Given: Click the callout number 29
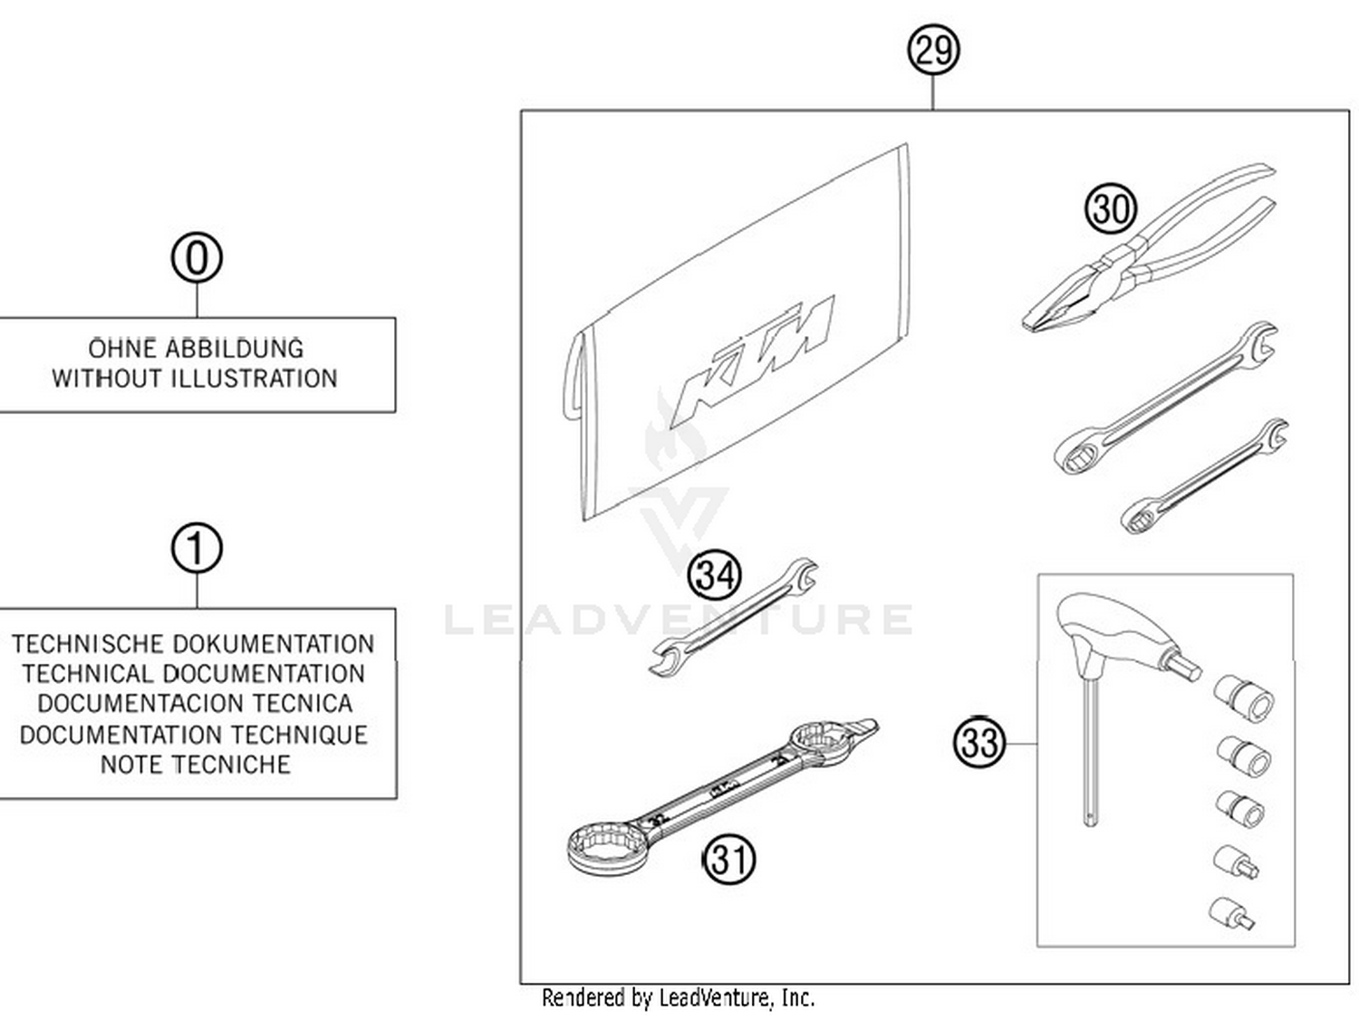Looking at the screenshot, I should (933, 49).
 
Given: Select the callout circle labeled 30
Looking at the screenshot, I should (1111, 209).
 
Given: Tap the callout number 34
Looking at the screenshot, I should (715, 575).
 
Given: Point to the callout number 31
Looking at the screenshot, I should (729, 859).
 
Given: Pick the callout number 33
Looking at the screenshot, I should (979, 743).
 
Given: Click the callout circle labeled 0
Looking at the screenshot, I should (197, 257).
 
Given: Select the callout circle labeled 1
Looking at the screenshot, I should (197, 549).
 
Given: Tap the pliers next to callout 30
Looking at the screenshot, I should (1151, 254).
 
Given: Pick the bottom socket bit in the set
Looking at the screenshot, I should (1230, 912).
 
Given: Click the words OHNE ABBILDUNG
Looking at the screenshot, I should (196, 349).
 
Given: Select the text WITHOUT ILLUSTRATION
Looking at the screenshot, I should (195, 379).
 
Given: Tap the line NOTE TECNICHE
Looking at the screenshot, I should (196, 765).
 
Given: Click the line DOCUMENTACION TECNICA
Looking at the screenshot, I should (196, 704).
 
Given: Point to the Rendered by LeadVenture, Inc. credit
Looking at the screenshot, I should (678, 998).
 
